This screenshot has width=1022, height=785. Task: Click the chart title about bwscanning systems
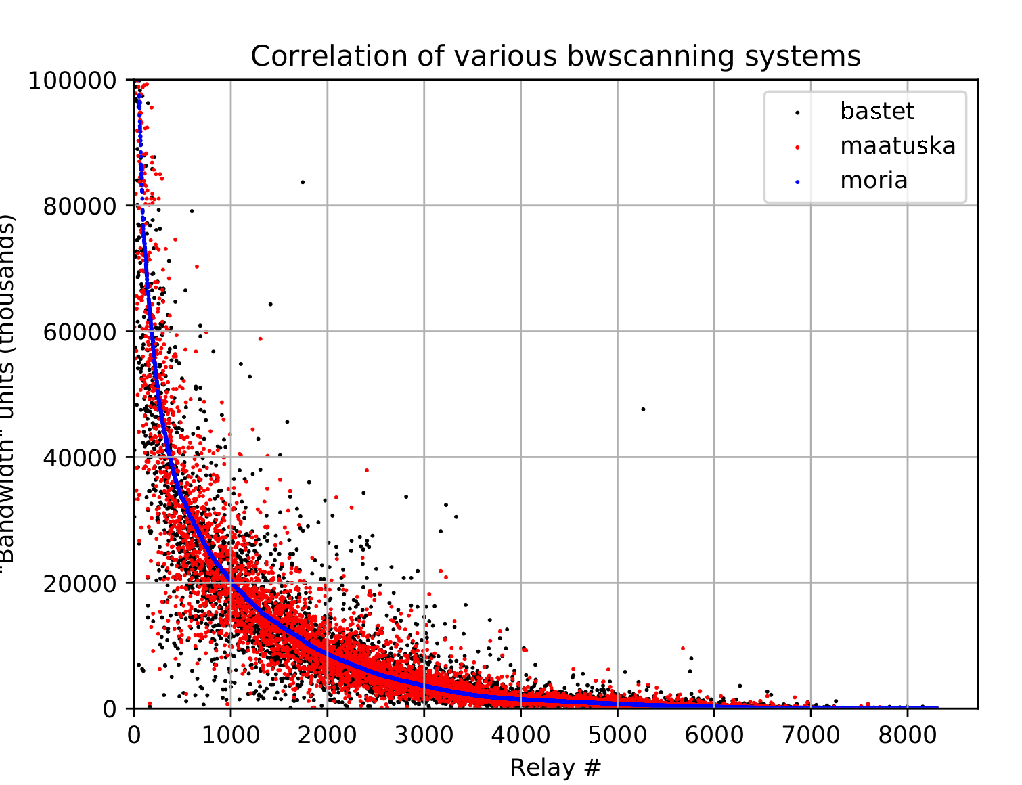(x=555, y=56)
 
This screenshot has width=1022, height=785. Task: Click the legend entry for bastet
(x=876, y=111)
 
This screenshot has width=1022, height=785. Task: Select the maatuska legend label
(x=897, y=145)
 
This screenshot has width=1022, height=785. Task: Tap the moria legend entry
(x=873, y=181)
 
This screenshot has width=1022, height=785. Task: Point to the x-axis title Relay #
(x=555, y=767)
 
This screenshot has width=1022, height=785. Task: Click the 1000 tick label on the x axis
(x=230, y=734)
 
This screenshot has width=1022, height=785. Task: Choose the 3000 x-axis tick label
(x=424, y=734)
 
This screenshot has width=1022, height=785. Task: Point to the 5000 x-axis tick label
(x=617, y=734)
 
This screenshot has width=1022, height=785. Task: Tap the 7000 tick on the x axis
(x=811, y=734)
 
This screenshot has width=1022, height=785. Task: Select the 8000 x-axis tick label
(x=907, y=734)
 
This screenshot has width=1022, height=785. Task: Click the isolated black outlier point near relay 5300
(x=643, y=409)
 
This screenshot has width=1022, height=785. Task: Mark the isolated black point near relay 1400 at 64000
(x=270, y=305)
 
